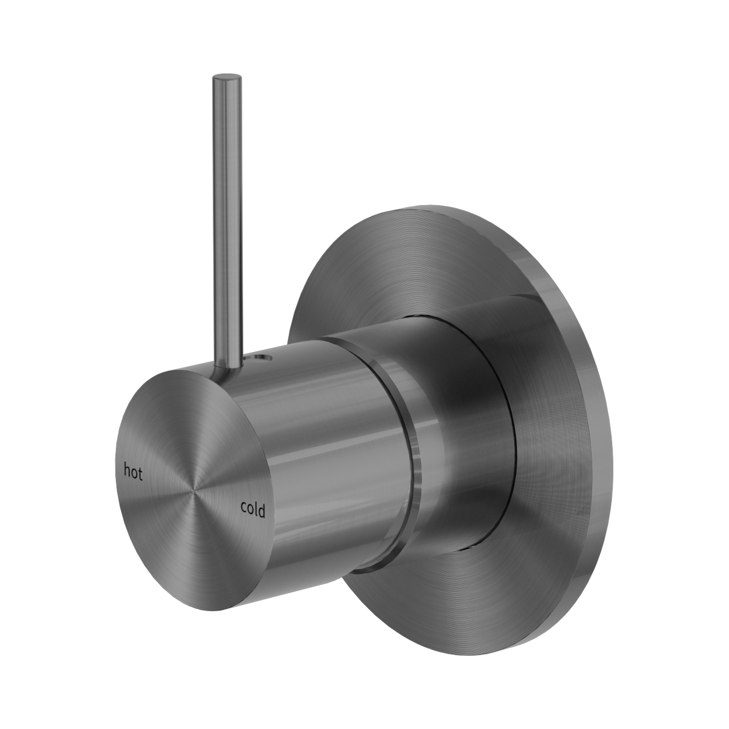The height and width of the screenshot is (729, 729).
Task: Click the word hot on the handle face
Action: (x=133, y=472)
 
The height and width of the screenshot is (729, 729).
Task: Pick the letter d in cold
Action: (x=261, y=512)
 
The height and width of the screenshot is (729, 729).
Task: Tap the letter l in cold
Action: (x=256, y=510)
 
